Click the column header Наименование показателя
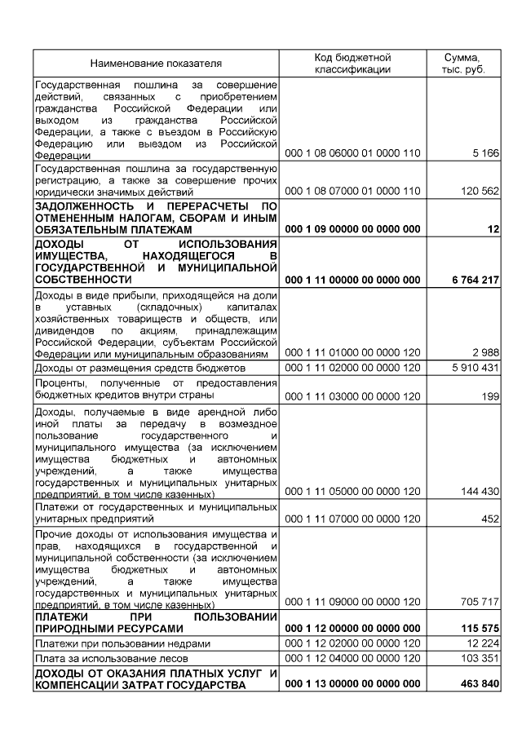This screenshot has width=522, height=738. pyautogui.click(x=156, y=63)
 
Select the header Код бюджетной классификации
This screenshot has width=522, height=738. pyautogui.click(x=352, y=63)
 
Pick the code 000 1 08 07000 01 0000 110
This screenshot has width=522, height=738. pyautogui.click(x=352, y=191)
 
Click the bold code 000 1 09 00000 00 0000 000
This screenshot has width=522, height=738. pyautogui.click(x=352, y=229)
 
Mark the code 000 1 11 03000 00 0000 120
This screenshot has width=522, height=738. pyautogui.click(x=352, y=396)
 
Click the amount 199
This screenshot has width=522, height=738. pyautogui.click(x=489, y=396)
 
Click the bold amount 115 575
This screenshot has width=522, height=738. pyautogui.click(x=478, y=629)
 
